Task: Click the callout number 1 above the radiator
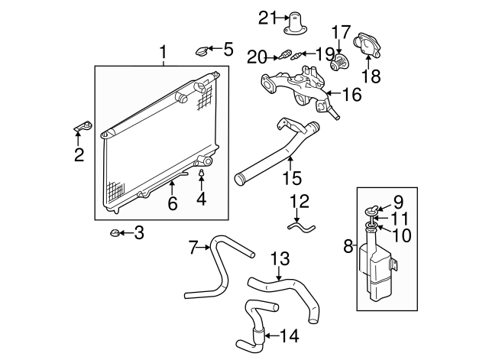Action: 163,53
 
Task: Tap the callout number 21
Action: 266,17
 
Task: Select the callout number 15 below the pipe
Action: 291,178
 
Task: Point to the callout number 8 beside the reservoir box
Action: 348,246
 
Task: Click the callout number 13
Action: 280,258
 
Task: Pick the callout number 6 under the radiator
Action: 173,203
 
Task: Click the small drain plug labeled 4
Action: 202,174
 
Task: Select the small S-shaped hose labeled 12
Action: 300,226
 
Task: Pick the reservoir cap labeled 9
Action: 373,210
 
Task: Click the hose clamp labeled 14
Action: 259,333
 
